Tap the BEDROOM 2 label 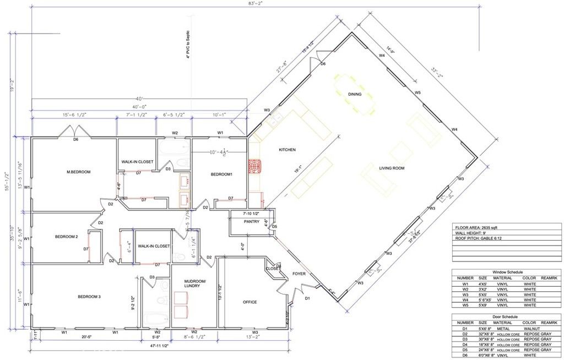point(66,237)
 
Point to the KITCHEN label point(287,150)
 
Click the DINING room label point(355,94)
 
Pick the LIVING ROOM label point(392,168)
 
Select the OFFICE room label point(250,302)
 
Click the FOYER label point(299,272)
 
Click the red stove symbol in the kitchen point(255,166)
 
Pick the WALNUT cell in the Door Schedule point(532,329)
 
